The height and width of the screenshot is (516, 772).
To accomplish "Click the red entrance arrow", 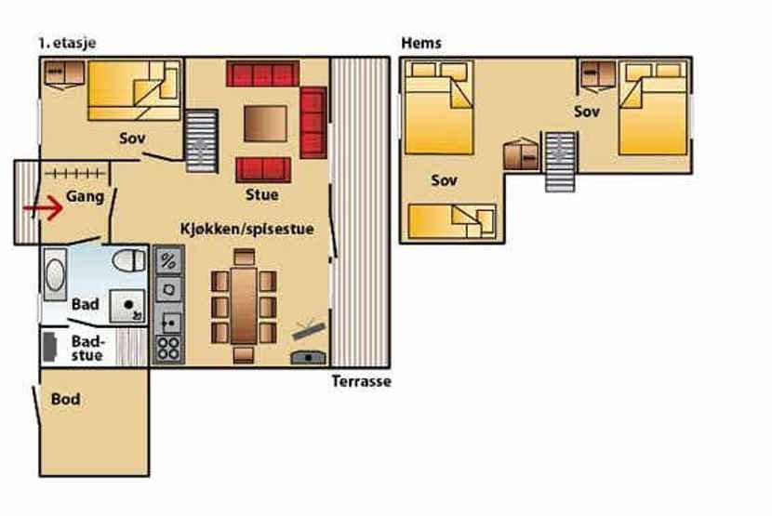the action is tap(44, 208).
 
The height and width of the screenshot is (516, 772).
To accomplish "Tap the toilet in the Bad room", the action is tap(129, 260).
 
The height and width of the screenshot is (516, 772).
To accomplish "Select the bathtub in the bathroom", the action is tap(55, 274).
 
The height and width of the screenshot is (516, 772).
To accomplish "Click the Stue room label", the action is tap(262, 194).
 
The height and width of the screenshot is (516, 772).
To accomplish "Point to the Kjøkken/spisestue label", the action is tap(247, 229).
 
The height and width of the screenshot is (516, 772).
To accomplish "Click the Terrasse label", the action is tap(362, 381).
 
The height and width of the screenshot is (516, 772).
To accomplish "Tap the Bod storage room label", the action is tap(65, 399).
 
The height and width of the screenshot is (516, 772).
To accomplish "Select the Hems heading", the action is tap(421, 43).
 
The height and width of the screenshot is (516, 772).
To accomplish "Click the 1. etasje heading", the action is tap(68, 43).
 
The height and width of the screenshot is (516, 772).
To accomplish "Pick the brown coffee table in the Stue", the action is tap(265, 124).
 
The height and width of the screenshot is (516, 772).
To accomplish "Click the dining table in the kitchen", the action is tap(244, 305).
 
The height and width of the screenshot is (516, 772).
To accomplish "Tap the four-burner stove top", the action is tap(168, 348).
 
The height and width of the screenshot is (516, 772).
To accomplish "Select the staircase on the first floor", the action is tap(201, 141).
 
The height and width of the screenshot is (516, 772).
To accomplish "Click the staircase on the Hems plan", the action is tap(560, 162).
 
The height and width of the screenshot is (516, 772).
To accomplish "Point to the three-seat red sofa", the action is tap(263, 73).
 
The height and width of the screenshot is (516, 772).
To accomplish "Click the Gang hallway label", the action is tap(86, 197).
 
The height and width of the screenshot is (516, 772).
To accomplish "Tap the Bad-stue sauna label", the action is tap(87, 348).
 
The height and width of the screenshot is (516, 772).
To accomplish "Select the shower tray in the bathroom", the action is tap(127, 306).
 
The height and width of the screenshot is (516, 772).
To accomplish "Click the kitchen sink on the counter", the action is tap(168, 323).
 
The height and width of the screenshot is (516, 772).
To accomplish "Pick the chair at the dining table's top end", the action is tap(245, 257).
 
